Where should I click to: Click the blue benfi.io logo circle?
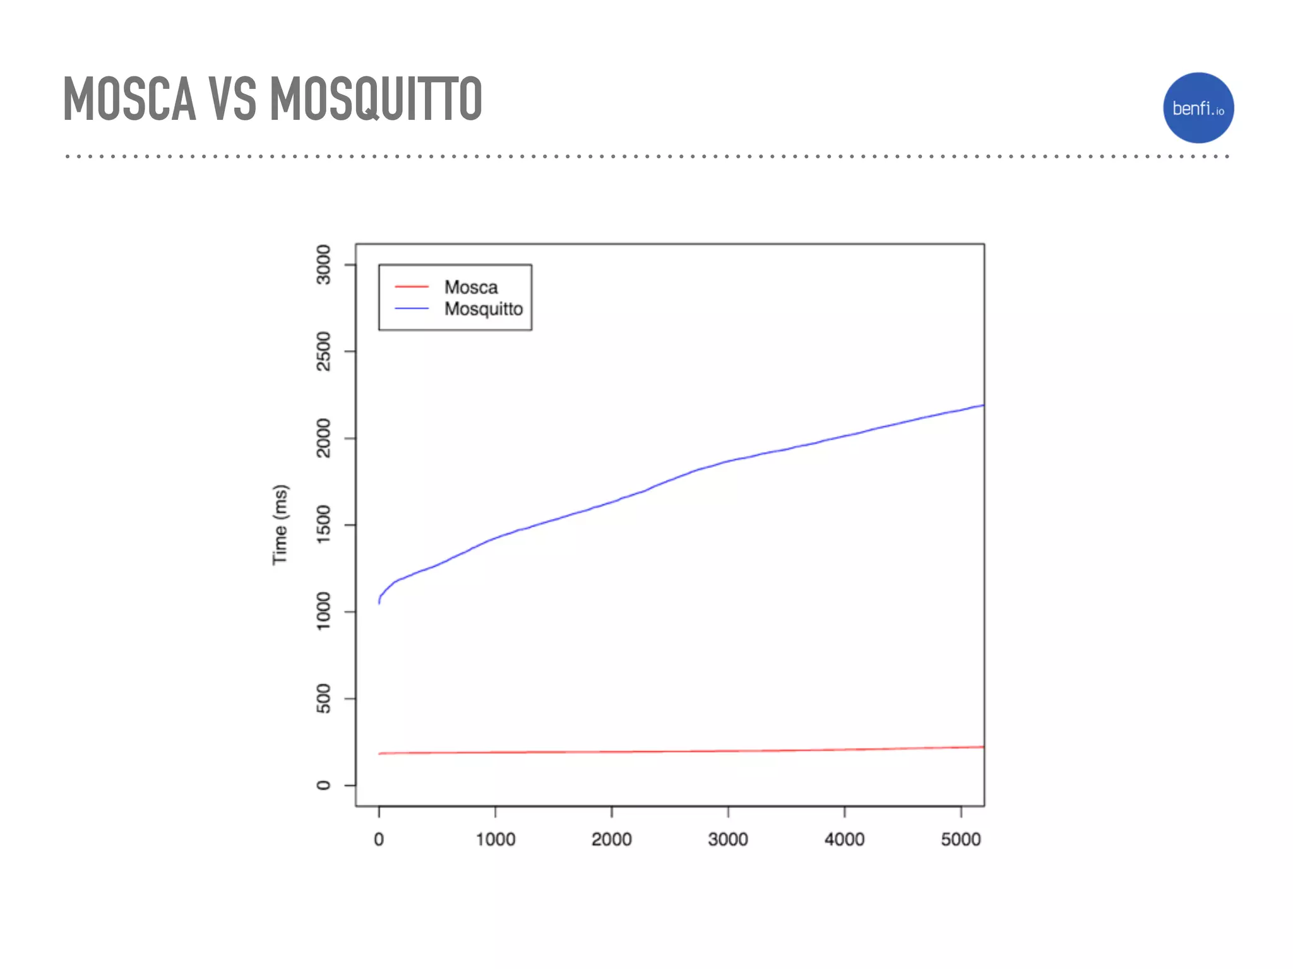pyautogui.click(x=1198, y=108)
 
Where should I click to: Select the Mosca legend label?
pyautogui.click(x=470, y=287)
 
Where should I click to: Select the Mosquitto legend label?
pyautogui.click(x=483, y=309)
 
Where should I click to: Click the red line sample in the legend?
pyautogui.click(x=412, y=287)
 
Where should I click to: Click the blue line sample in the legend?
pyautogui.click(x=412, y=308)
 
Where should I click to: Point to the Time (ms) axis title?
pyautogui.click(x=280, y=525)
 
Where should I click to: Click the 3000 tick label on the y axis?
pyautogui.click(x=323, y=265)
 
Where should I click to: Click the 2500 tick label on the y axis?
pyautogui.click(x=323, y=351)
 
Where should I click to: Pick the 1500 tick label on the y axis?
pyautogui.click(x=323, y=525)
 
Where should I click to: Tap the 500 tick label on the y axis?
pyautogui.click(x=323, y=698)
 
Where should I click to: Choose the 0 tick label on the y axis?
pyautogui.click(x=323, y=785)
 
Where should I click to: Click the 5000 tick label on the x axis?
pyautogui.click(x=960, y=840)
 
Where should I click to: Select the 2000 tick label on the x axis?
pyautogui.click(x=611, y=840)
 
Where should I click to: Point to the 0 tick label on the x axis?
pyautogui.click(x=379, y=840)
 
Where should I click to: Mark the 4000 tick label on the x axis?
pyautogui.click(x=844, y=840)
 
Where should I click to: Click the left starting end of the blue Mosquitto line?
pyautogui.click(x=379, y=602)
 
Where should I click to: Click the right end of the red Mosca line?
pyautogui.click(x=982, y=747)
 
